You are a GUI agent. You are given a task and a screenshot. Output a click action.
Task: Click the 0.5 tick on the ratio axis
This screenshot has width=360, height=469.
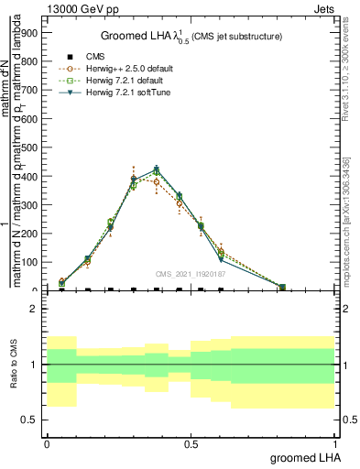pyautogui.click(x=32, y=420)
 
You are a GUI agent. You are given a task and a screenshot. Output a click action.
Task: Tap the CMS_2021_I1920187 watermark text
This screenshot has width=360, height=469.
pyautogui.click(x=191, y=273)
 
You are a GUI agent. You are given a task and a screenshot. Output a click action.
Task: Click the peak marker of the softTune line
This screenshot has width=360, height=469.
pyautogui.click(x=157, y=169)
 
